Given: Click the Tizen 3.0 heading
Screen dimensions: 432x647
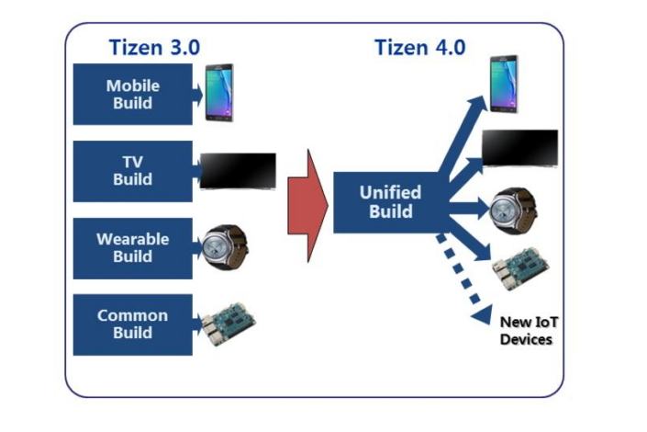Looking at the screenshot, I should click(151, 47).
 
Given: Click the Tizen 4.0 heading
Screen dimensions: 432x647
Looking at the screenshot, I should click(419, 47).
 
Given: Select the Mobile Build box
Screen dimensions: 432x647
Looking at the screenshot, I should click(132, 94).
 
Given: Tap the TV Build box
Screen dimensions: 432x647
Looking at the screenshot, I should click(132, 171).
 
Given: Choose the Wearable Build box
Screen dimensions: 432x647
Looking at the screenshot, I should click(132, 247).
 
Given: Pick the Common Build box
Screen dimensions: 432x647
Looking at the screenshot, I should click(132, 324).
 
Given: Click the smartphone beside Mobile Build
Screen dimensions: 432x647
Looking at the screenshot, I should click(219, 92).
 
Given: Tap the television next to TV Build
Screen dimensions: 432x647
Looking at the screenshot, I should click(238, 171).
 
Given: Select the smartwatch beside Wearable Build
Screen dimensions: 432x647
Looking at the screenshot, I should click(225, 244).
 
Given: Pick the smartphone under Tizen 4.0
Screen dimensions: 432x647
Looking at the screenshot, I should click(504, 84).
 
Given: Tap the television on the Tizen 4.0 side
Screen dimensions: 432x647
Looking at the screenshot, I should click(519, 147).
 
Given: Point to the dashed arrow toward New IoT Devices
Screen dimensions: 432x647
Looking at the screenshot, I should click(463, 276).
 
